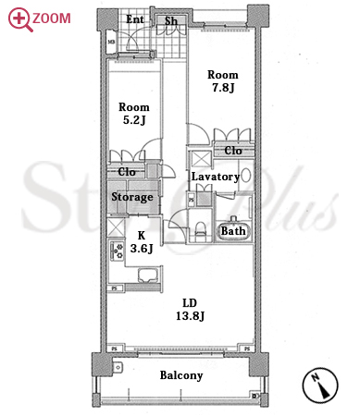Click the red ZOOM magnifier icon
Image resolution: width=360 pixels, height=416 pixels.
pyautogui.click(x=19, y=19)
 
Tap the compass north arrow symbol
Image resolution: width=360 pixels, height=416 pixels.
pyautogui.click(x=320, y=385)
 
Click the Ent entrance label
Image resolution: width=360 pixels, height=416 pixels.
pyautogui.click(x=135, y=19)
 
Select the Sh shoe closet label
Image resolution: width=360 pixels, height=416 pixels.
pyautogui.click(x=171, y=21)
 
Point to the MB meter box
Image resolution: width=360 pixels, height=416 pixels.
pyautogui.click(x=111, y=42)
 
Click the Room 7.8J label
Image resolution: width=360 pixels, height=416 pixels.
pyautogui.click(x=223, y=81)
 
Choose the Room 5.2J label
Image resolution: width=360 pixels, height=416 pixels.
pyautogui.click(x=134, y=114)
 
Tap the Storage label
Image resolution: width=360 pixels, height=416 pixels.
pyautogui.click(x=132, y=197)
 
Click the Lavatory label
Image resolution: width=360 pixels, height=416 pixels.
pyautogui.click(x=216, y=177)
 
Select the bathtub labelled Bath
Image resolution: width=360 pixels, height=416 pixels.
pyautogui.click(x=233, y=230)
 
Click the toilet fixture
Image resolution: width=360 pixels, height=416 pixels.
pyautogui.click(x=200, y=228)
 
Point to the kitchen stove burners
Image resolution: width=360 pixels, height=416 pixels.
pyautogui.click(x=118, y=251)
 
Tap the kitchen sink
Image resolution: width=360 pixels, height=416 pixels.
pyautogui.click(x=148, y=275)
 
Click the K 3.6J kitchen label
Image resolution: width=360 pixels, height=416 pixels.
pyautogui.click(x=142, y=242)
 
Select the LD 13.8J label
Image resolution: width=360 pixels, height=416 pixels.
pyautogui.click(x=190, y=310)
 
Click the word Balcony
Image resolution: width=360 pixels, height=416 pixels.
pyautogui.click(x=181, y=375)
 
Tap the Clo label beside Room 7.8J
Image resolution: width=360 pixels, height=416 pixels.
pyautogui.click(x=233, y=151)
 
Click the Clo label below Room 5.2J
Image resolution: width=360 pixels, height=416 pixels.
pyautogui.click(x=127, y=172)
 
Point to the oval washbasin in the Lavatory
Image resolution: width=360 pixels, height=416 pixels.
pyautogui.click(x=245, y=176)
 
